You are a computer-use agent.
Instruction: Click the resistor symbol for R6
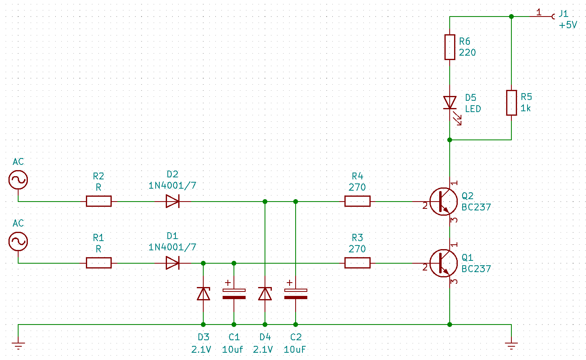(449, 47)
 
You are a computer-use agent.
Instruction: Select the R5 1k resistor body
(511, 103)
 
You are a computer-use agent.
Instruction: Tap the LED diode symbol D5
(450, 102)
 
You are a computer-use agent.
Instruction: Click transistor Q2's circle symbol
(443, 202)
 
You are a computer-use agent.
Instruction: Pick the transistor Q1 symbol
(443, 263)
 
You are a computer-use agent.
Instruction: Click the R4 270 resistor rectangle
(357, 201)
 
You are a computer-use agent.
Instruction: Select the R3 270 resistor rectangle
(357, 263)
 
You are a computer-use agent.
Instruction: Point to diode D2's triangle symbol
(173, 201)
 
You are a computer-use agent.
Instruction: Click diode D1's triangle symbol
(173, 263)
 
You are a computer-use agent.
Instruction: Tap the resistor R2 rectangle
(99, 201)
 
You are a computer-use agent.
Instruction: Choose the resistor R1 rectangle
(99, 263)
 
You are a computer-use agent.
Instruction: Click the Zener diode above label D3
(203, 293)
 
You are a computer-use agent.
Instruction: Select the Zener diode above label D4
(265, 293)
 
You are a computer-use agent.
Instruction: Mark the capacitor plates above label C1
(234, 293)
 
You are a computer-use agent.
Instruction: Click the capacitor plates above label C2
(296, 293)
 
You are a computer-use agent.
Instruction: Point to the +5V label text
(568, 25)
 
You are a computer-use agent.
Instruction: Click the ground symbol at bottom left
(18, 345)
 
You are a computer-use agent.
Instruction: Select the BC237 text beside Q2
(476, 207)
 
